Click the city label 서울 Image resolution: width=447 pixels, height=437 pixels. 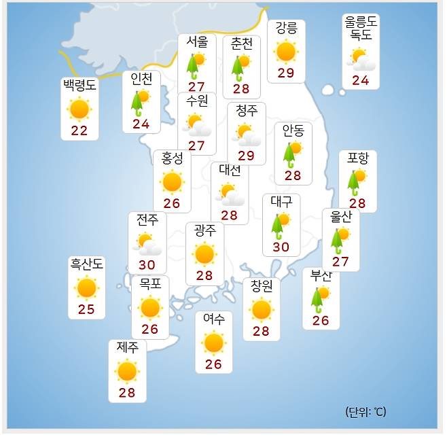[x=197, y=41]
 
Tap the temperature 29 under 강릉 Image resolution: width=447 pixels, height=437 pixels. [x=286, y=73]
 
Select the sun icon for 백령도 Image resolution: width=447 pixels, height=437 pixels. [x=79, y=109]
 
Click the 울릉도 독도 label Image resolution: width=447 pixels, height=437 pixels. [x=361, y=29]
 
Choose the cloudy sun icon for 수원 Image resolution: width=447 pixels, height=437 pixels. [x=198, y=125]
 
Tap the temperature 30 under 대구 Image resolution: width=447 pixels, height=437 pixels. [x=281, y=246]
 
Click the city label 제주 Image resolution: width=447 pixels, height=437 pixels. [x=127, y=347]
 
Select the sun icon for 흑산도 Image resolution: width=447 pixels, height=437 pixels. [x=86, y=288]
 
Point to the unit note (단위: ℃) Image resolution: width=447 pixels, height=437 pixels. [x=365, y=412]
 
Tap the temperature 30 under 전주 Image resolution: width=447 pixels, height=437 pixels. [x=147, y=264]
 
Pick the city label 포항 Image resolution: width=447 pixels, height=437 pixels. [x=357, y=158]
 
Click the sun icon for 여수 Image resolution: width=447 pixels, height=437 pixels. [x=214, y=342]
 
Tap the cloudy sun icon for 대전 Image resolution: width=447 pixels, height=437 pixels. [x=230, y=194]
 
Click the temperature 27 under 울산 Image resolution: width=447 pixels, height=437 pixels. [x=340, y=262]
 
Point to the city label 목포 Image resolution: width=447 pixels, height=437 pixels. [x=150, y=283]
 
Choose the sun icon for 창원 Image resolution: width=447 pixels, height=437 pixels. [x=262, y=309]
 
